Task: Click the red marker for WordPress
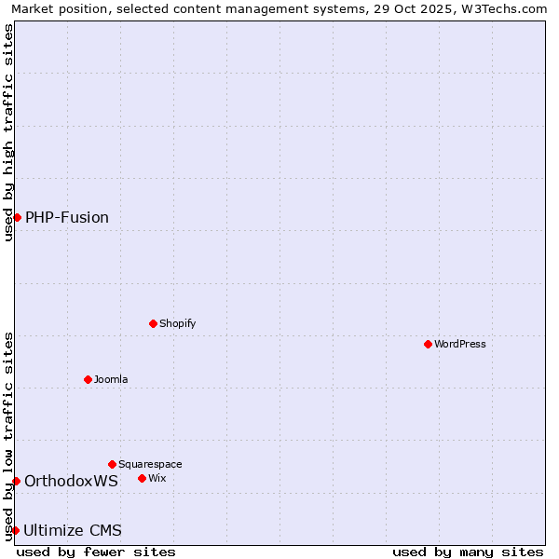tap(428, 344)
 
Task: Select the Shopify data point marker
tap(153, 323)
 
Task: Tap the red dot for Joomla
tap(88, 379)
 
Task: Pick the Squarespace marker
tap(112, 464)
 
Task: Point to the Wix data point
tap(142, 478)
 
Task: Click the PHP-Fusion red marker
tap(17, 217)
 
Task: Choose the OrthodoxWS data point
tap(16, 481)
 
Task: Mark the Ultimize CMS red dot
tap(15, 530)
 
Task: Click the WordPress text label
tap(460, 344)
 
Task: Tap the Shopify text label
tap(177, 323)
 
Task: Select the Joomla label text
tap(111, 379)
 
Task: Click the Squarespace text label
tap(150, 464)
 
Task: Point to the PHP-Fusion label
tap(67, 217)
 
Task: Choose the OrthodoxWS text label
tap(71, 481)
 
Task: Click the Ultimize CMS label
tap(73, 530)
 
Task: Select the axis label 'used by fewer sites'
tap(96, 552)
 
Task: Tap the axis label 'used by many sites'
tap(468, 552)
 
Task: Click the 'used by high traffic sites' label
tap(8, 131)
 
